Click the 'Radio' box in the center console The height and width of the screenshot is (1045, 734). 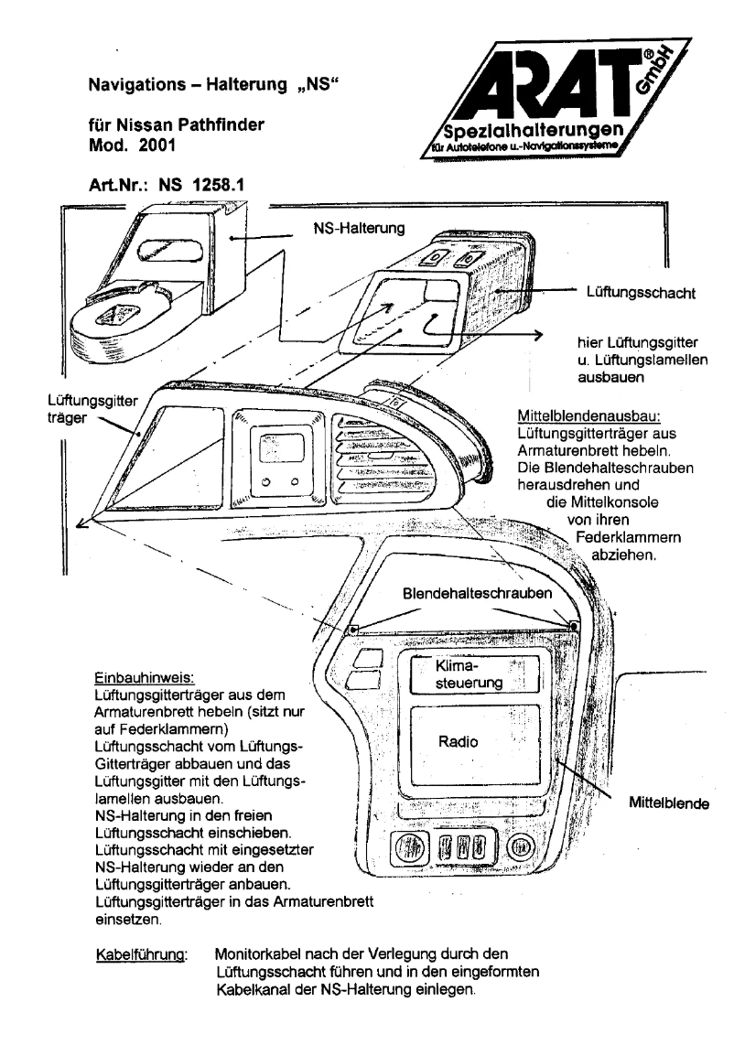click(458, 745)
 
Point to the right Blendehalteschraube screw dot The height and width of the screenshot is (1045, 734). click(575, 626)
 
